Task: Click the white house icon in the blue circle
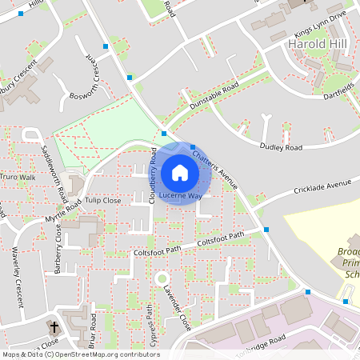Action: tap(180, 172)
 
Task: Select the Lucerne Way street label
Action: tap(180, 195)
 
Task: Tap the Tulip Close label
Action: tap(103, 200)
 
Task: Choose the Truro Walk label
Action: tap(18, 177)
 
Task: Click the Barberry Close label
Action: tap(58, 249)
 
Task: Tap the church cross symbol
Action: tap(55, 327)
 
